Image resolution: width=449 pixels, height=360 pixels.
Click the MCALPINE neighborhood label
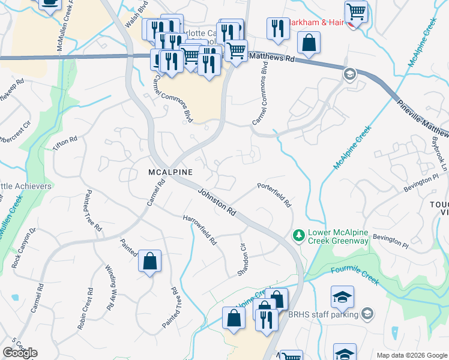(170, 172)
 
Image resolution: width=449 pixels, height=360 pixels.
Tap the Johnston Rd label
(216, 203)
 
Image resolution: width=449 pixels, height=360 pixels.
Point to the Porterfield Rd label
(274, 194)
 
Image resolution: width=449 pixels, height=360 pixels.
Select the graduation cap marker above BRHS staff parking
(342, 296)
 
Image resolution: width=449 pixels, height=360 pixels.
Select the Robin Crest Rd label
(85, 309)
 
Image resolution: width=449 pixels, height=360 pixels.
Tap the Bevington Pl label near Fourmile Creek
(390, 241)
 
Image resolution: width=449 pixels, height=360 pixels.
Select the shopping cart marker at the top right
(356, 10)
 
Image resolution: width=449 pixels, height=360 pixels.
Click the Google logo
(20, 353)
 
